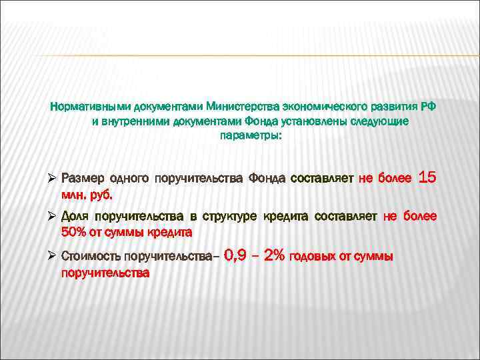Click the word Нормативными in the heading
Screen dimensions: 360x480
(x=91, y=107)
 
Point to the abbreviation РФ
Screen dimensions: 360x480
(x=430, y=107)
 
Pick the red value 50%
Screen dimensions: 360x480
(x=73, y=233)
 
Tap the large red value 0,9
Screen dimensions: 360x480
(x=238, y=255)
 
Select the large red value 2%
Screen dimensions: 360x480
(x=275, y=255)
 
